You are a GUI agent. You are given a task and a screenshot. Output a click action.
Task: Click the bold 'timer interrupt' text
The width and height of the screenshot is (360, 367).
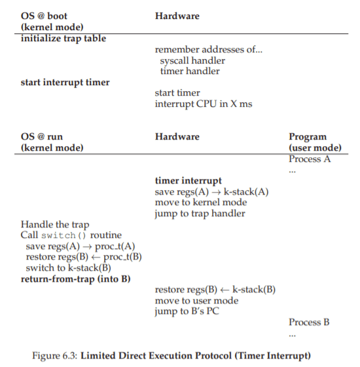(188, 181)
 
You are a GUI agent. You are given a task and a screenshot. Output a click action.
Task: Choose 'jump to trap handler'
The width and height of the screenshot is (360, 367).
(200, 213)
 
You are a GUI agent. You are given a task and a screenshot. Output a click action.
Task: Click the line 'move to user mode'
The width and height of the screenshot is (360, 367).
(196, 300)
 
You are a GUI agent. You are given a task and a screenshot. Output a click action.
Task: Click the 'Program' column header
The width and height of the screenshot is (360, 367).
(307, 137)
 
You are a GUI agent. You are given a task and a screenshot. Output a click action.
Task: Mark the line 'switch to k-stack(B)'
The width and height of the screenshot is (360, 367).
(69, 268)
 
